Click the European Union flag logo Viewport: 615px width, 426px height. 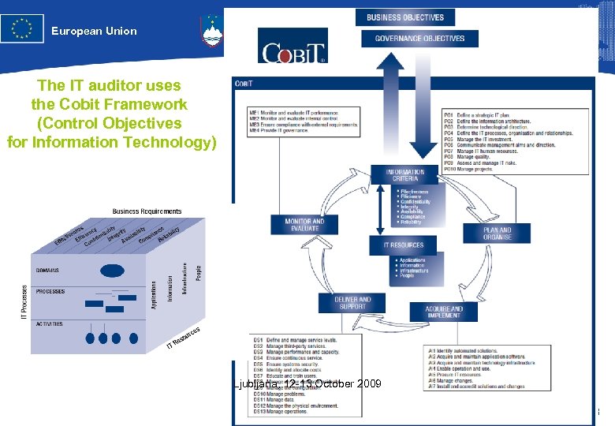point(22,29)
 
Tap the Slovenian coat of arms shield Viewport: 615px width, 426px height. point(211,32)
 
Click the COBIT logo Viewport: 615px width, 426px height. point(293,48)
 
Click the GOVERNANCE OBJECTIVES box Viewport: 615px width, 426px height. point(419,38)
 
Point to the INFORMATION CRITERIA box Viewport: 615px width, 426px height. point(405,175)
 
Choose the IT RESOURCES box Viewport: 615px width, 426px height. point(404,245)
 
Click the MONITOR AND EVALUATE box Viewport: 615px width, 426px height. point(304,225)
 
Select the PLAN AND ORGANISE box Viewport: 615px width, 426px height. point(498,234)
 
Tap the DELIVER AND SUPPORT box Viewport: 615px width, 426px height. point(352,303)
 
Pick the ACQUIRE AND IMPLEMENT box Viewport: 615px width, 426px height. point(444,312)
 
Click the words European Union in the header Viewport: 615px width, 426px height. point(94,32)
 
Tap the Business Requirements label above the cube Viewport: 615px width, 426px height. point(147,211)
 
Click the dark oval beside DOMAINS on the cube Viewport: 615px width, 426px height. point(112,271)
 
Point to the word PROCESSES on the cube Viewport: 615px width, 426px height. point(50,292)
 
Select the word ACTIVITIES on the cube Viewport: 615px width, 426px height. point(49,324)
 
